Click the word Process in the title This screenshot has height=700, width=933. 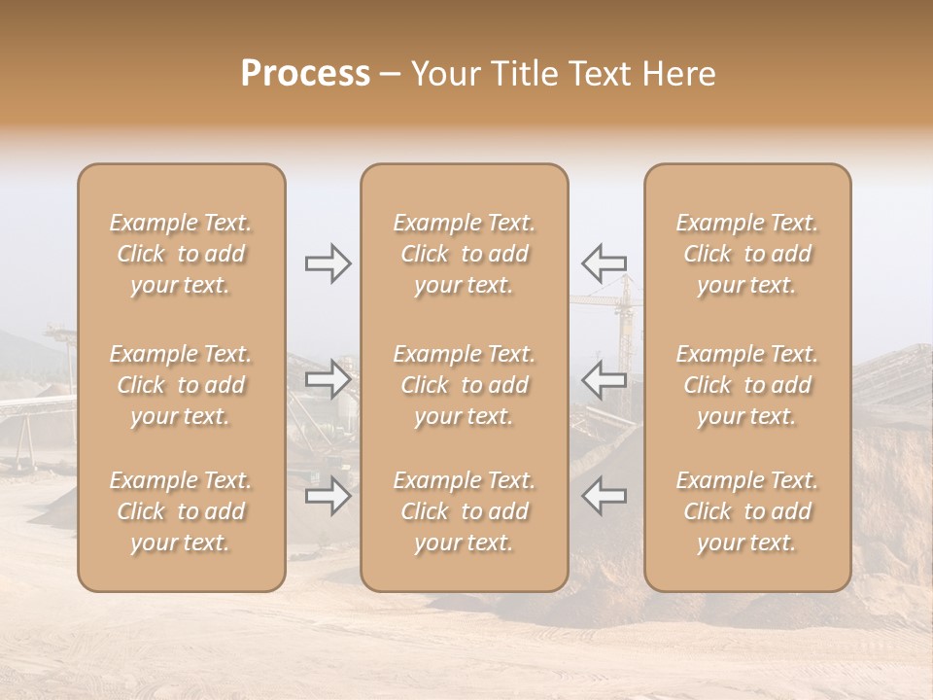(305, 74)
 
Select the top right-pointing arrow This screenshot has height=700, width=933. (328, 263)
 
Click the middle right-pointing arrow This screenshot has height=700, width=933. (328, 378)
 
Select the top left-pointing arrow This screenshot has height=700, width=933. (604, 262)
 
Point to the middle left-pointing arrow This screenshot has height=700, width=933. (604, 378)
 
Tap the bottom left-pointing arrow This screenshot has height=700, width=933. (604, 495)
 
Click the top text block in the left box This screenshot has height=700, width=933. (181, 254)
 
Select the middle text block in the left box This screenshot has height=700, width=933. (181, 385)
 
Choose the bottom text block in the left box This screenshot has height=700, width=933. (181, 511)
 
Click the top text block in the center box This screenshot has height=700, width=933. (465, 254)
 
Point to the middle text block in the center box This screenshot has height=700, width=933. (465, 385)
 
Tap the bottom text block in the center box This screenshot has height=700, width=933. (465, 511)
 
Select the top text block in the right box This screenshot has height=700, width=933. (747, 254)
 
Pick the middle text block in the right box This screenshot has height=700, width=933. (747, 385)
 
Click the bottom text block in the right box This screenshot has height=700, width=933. (747, 511)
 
